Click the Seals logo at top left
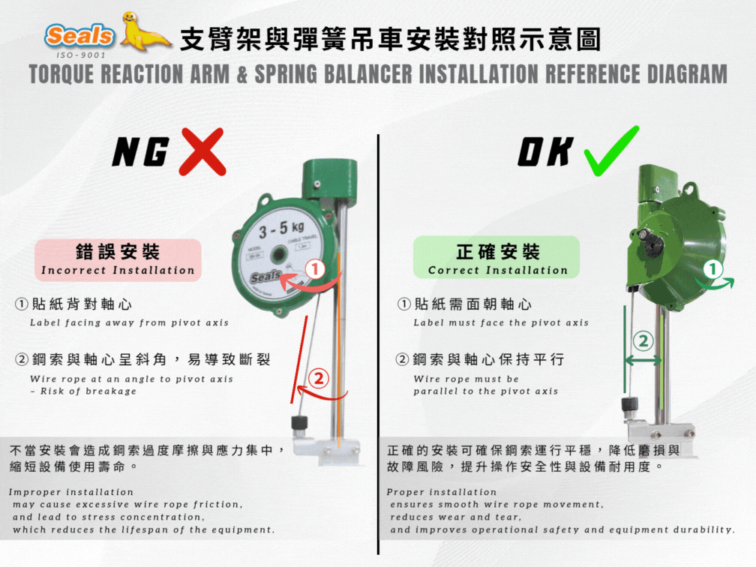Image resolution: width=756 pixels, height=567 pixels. pyautogui.click(x=79, y=35)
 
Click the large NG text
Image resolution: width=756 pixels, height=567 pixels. pyautogui.click(x=139, y=153)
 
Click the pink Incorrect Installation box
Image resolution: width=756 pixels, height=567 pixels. pyautogui.click(x=118, y=259)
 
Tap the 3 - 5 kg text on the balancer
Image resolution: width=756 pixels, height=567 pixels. pyautogui.click(x=281, y=227)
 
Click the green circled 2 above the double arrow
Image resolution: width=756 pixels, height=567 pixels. pyautogui.click(x=643, y=340)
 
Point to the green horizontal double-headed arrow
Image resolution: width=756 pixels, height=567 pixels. pyautogui.click(x=643, y=361)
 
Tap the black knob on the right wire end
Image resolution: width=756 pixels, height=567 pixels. pyautogui.click(x=628, y=405)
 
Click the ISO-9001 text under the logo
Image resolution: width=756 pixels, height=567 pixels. pyautogui.click(x=81, y=55)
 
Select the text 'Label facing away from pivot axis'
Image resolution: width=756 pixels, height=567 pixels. pyautogui.click(x=129, y=323)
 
